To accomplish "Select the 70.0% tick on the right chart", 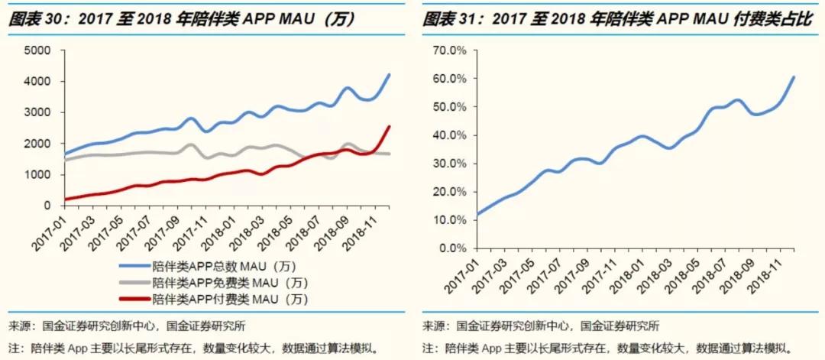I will (x=450, y=50).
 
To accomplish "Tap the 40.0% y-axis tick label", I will (x=450, y=135).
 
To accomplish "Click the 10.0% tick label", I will (x=450, y=220).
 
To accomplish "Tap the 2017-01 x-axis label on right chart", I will (x=463, y=274).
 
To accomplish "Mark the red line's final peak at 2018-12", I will (x=390, y=127).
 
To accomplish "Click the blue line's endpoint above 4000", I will (x=390, y=75).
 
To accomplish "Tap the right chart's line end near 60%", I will (x=794, y=76).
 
